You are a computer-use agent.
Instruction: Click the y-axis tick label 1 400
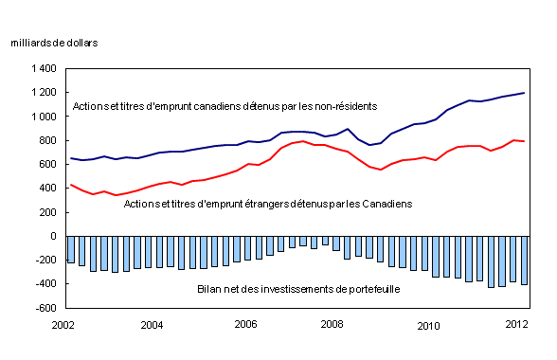43,69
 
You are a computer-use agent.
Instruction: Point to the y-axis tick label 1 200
43,93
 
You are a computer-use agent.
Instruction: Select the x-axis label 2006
246,326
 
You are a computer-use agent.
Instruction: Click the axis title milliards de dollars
54,44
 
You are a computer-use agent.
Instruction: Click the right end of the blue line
524,93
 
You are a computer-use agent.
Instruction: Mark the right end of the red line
524,141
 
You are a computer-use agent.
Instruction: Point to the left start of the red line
70,185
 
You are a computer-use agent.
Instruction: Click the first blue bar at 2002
70,249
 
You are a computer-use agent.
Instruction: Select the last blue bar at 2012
524,261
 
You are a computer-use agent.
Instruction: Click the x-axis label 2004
155,326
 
